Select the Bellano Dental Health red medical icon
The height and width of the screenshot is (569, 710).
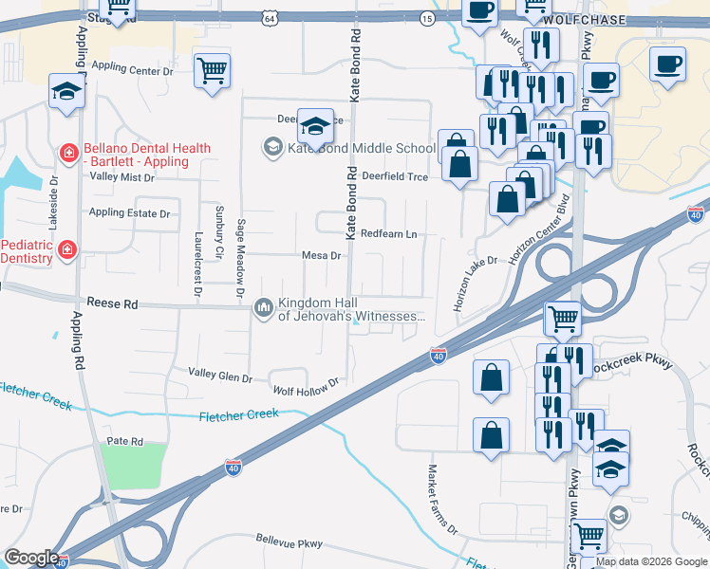[x=67, y=152]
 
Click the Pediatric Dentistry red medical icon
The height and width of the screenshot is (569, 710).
[x=67, y=250]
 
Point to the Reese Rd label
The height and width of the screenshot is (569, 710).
[x=112, y=304]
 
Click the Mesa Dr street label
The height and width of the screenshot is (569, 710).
[x=321, y=255]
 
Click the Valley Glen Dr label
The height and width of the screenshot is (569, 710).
[x=220, y=376]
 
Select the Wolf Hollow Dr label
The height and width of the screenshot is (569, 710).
[x=306, y=388]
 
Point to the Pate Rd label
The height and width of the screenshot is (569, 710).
[x=124, y=442]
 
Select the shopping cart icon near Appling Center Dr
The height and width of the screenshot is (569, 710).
[x=212, y=69]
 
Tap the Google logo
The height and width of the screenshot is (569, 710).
[x=31, y=557]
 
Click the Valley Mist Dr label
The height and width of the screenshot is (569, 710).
[x=121, y=177]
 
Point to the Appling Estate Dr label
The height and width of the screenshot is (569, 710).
[x=129, y=213]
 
